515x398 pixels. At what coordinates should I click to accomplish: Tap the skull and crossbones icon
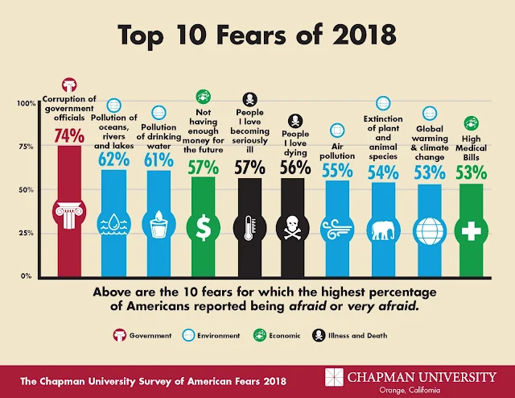pyautogui.click(x=292, y=230)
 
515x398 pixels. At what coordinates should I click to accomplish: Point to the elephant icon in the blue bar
pyautogui.click(x=381, y=230)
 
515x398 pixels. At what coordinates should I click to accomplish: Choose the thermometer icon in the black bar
pyautogui.click(x=248, y=229)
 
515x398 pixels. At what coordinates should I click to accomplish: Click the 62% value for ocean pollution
pyautogui.click(x=113, y=160)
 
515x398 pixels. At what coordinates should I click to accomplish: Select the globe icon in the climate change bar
pyautogui.click(x=426, y=230)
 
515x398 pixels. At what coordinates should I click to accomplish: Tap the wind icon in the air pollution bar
pyautogui.click(x=337, y=230)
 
